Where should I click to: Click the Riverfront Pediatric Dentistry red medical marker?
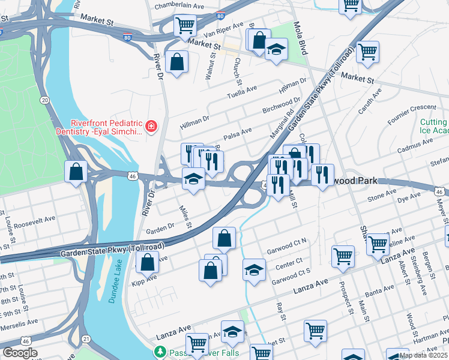(151, 126)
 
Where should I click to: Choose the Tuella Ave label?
(241, 91)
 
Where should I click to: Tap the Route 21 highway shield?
(86, 340)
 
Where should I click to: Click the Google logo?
(20, 353)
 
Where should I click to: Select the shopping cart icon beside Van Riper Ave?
(185, 26)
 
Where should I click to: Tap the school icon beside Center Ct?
(254, 269)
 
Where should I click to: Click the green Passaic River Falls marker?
(160, 351)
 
